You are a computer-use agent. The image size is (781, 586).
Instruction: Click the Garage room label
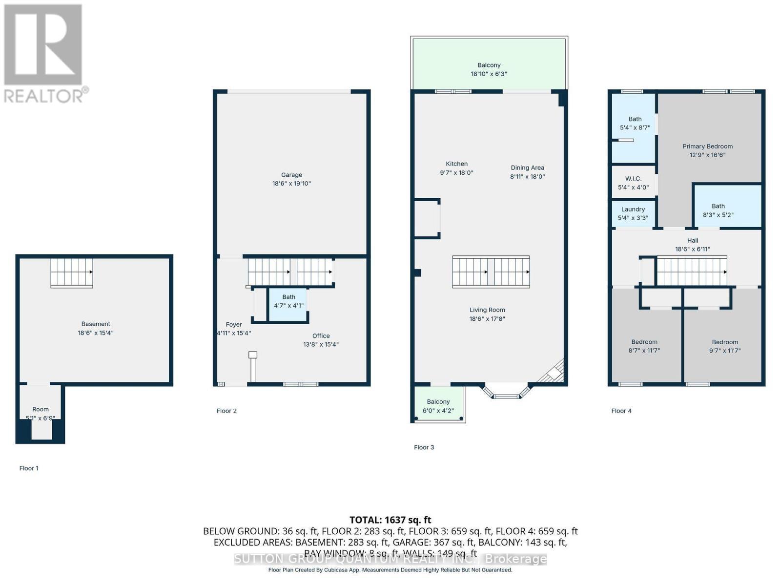click(291, 175)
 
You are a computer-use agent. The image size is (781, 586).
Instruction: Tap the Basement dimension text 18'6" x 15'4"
click(96, 333)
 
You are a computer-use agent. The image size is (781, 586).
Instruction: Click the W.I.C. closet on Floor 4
click(633, 183)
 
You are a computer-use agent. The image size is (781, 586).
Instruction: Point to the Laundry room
click(633, 213)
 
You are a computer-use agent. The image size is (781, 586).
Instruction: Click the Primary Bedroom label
click(707, 146)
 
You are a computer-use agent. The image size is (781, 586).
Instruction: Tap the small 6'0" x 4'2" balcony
click(438, 405)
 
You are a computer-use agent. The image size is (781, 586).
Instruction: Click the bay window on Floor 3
click(506, 391)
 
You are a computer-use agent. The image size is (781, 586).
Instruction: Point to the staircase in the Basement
click(72, 272)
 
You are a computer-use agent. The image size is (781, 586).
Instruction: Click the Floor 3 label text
click(424, 447)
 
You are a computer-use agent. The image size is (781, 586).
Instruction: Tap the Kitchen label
click(456, 164)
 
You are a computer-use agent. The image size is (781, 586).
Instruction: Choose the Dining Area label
click(527, 167)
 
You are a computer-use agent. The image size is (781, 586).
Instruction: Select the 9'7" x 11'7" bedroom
click(724, 346)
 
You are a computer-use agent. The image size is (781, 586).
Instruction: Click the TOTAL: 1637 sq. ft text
click(390, 520)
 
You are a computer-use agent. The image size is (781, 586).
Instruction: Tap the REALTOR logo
click(45, 54)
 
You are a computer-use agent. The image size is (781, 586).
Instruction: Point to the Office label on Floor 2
click(321, 336)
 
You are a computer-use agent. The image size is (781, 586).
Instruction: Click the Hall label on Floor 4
click(692, 240)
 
